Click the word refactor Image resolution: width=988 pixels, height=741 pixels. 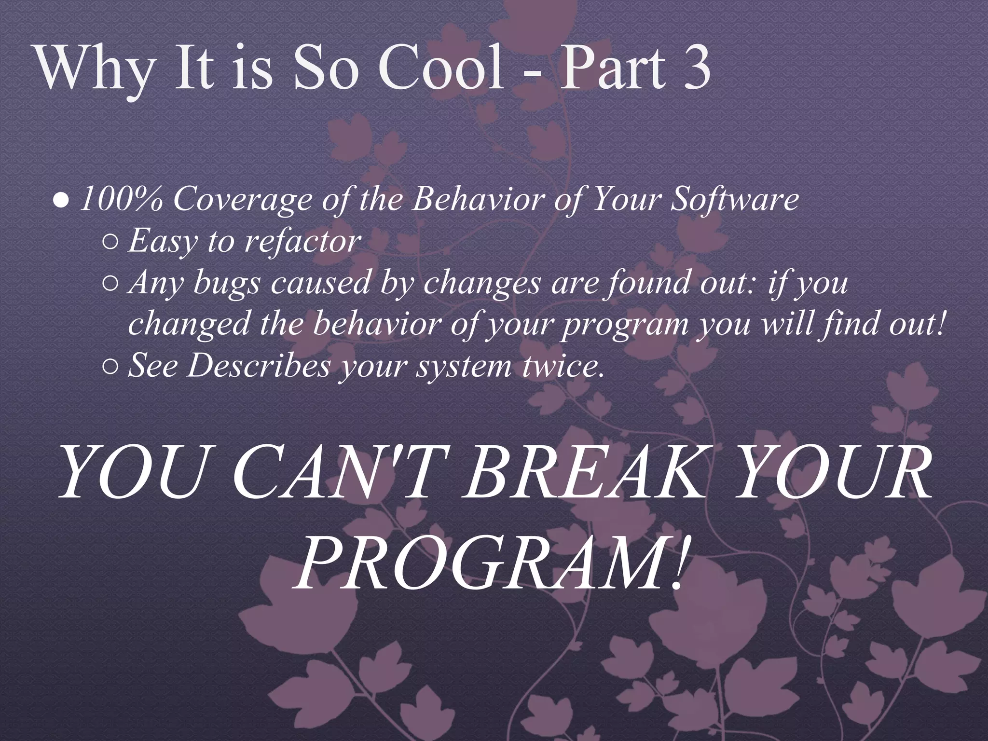point(302,241)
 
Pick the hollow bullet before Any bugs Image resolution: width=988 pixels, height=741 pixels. point(110,285)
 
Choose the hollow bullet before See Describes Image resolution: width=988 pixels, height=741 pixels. point(110,368)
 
